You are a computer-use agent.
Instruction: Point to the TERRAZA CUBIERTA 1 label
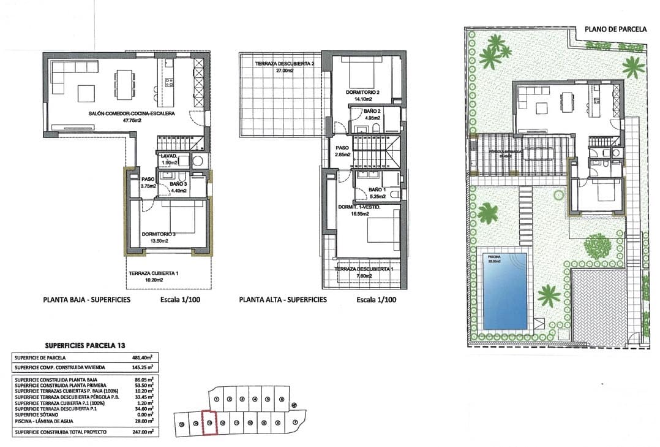(153, 273)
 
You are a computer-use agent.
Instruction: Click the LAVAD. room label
(169, 156)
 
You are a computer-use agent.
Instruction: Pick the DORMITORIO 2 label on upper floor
(362, 92)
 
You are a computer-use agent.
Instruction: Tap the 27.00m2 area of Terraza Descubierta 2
(278, 71)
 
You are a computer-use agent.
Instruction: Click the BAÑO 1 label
(377, 190)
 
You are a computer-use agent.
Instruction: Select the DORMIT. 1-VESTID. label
(359, 207)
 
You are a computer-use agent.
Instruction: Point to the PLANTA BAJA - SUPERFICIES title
(86, 300)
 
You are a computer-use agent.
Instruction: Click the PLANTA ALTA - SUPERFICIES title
(283, 300)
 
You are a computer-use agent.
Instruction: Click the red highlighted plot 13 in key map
(210, 422)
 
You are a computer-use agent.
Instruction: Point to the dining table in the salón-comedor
(126, 84)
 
